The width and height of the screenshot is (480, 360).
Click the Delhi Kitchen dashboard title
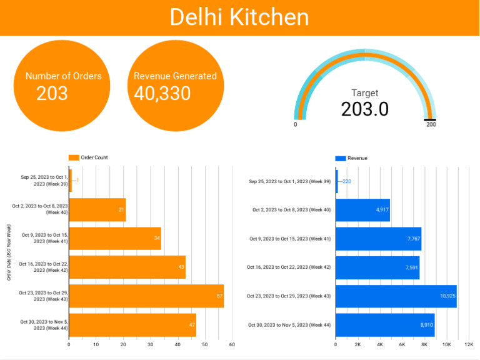coord(239,17)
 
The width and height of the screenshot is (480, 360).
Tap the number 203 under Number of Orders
coord(52,94)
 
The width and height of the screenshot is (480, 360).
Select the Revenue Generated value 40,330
coord(162,94)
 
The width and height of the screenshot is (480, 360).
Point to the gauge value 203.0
coord(364,109)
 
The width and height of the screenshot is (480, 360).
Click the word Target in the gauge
coord(364,93)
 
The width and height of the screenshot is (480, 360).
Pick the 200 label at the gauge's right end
coord(431,125)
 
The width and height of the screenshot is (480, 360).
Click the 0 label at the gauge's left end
coord(296,125)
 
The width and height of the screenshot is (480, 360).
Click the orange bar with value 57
coord(146,296)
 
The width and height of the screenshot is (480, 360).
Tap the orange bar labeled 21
coord(97,209)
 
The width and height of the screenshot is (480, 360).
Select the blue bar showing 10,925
coord(396,296)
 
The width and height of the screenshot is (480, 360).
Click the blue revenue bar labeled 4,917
coord(362,209)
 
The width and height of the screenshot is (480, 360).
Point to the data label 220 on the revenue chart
coord(347,181)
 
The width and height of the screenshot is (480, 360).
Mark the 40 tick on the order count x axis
coord(177,344)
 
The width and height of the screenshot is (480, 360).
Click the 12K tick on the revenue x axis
coord(469,344)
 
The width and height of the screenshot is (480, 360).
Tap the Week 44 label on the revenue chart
coord(289,325)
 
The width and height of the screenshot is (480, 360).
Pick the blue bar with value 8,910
coord(384,325)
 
